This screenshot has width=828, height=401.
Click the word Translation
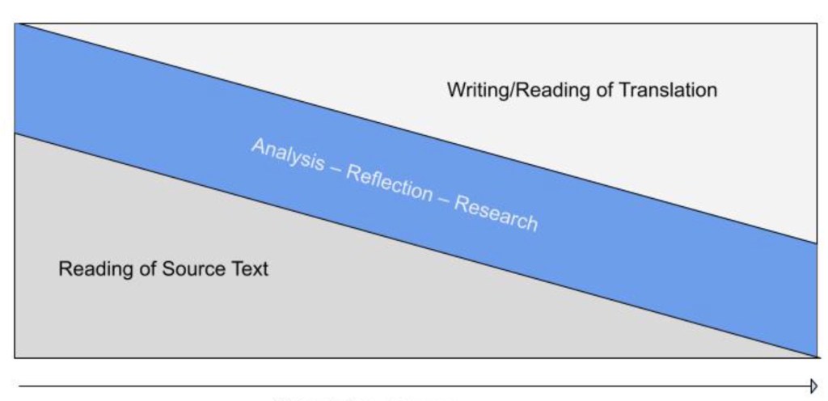[668, 90]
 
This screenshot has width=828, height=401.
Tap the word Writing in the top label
[472, 90]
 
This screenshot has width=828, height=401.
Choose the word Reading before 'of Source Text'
[90, 268]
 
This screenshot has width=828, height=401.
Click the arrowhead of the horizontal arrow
[814, 386]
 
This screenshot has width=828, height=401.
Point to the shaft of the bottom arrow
[404, 386]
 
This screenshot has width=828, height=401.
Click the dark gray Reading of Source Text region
[162, 315]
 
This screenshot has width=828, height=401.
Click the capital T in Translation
[624, 90]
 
